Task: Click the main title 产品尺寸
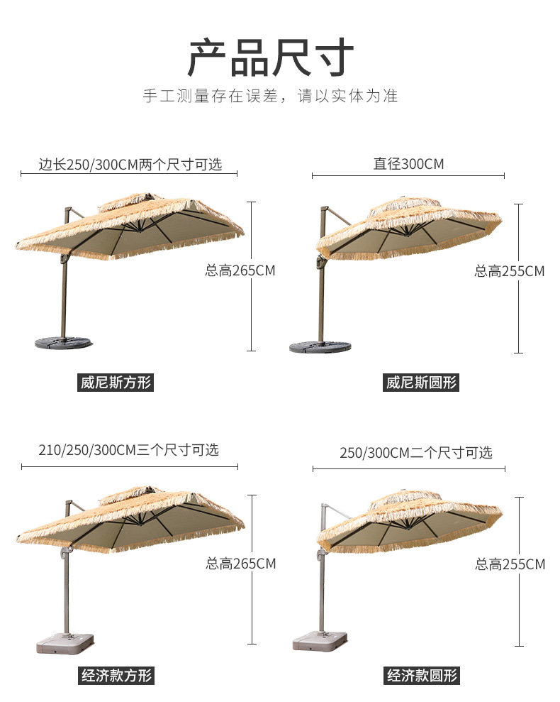[x=270, y=58]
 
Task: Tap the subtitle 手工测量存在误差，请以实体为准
[x=270, y=96]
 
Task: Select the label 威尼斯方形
[x=116, y=383]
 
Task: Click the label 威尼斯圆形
[x=422, y=383]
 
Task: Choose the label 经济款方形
[x=116, y=675]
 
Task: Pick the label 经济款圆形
[x=422, y=675]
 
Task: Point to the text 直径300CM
[x=408, y=164]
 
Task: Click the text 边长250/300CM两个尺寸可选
[x=130, y=165]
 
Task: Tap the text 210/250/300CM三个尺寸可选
[x=128, y=449]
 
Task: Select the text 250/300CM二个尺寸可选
[x=415, y=452]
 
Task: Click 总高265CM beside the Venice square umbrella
[x=240, y=270]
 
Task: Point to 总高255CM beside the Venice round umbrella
[x=509, y=270]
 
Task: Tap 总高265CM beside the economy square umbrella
[x=240, y=564]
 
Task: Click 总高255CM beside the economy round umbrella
[x=510, y=564]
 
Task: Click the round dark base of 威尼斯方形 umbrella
[x=63, y=343]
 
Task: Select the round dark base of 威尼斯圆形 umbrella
[x=320, y=346]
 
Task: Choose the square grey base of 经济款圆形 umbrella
[x=320, y=642]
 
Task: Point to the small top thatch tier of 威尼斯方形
[x=131, y=202]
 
